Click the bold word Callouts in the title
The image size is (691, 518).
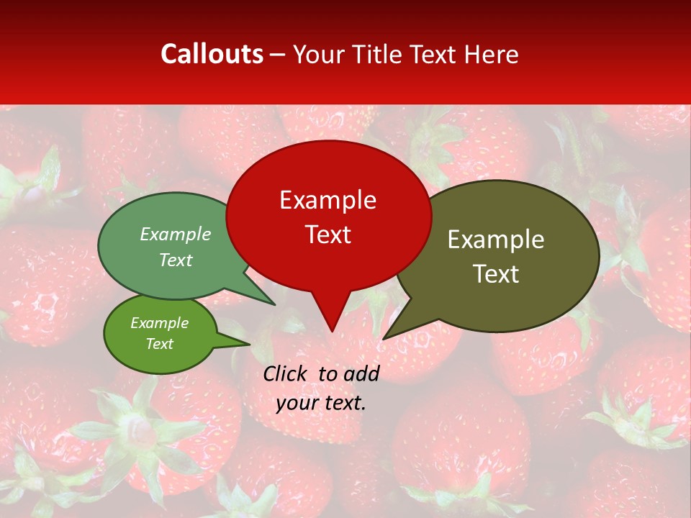212,54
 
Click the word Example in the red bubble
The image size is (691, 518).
328,200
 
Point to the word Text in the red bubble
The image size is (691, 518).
328,235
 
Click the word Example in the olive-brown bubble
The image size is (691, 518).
496,240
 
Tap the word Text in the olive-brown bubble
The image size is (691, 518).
496,274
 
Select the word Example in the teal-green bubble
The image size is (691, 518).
176,235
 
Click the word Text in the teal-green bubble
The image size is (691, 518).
176,260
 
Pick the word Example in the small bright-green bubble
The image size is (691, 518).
159,323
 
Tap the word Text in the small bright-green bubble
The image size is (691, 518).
159,344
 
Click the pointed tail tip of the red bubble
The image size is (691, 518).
332,331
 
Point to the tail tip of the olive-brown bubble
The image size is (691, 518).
384,338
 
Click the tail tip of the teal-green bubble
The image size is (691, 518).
274,304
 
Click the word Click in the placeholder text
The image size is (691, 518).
286,373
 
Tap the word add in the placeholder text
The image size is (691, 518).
361,373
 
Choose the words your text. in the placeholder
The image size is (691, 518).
321,403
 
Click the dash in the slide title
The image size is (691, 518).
279,55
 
